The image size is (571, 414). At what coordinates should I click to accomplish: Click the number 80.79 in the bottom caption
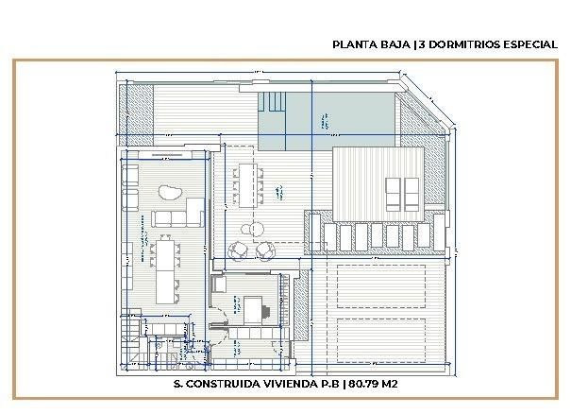[x=370, y=385]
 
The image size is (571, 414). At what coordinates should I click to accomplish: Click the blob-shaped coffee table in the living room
[x=171, y=194]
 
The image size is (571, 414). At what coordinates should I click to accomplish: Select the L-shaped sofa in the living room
[x=178, y=215]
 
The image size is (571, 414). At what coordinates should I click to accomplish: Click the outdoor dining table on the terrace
[x=249, y=183]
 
